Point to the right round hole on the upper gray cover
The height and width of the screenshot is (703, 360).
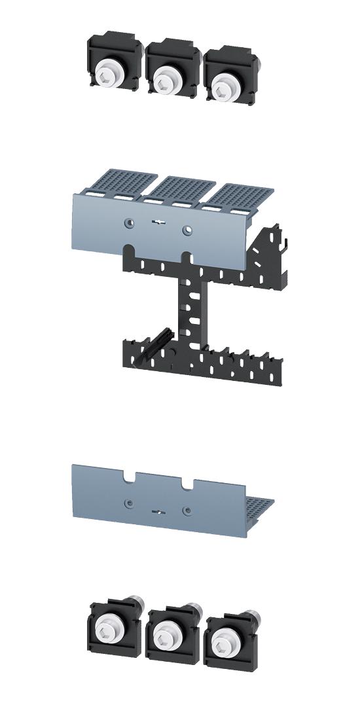(x=187, y=229)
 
